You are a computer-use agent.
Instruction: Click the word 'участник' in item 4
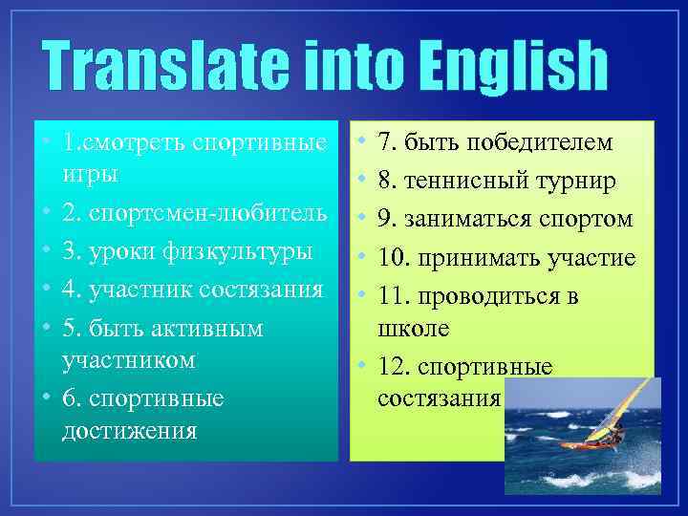click(145, 290)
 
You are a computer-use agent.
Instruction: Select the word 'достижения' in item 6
click(129, 430)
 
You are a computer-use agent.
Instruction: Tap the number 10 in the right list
click(393, 258)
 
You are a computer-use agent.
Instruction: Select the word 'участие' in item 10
click(594, 258)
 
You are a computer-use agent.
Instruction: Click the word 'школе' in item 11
click(414, 329)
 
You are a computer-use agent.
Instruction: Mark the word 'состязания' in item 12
click(439, 397)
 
